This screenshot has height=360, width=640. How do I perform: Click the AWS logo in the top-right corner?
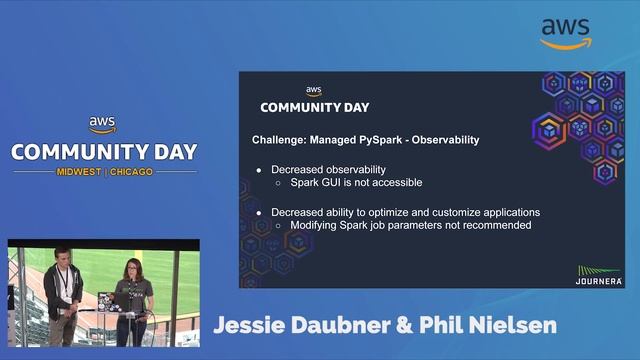click(566, 33)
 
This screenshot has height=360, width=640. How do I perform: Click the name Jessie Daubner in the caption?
click(304, 326)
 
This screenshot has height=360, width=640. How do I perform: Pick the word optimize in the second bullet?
click(404, 212)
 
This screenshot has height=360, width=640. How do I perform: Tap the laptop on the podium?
click(106, 301)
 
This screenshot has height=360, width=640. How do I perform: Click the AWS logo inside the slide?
click(314, 91)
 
